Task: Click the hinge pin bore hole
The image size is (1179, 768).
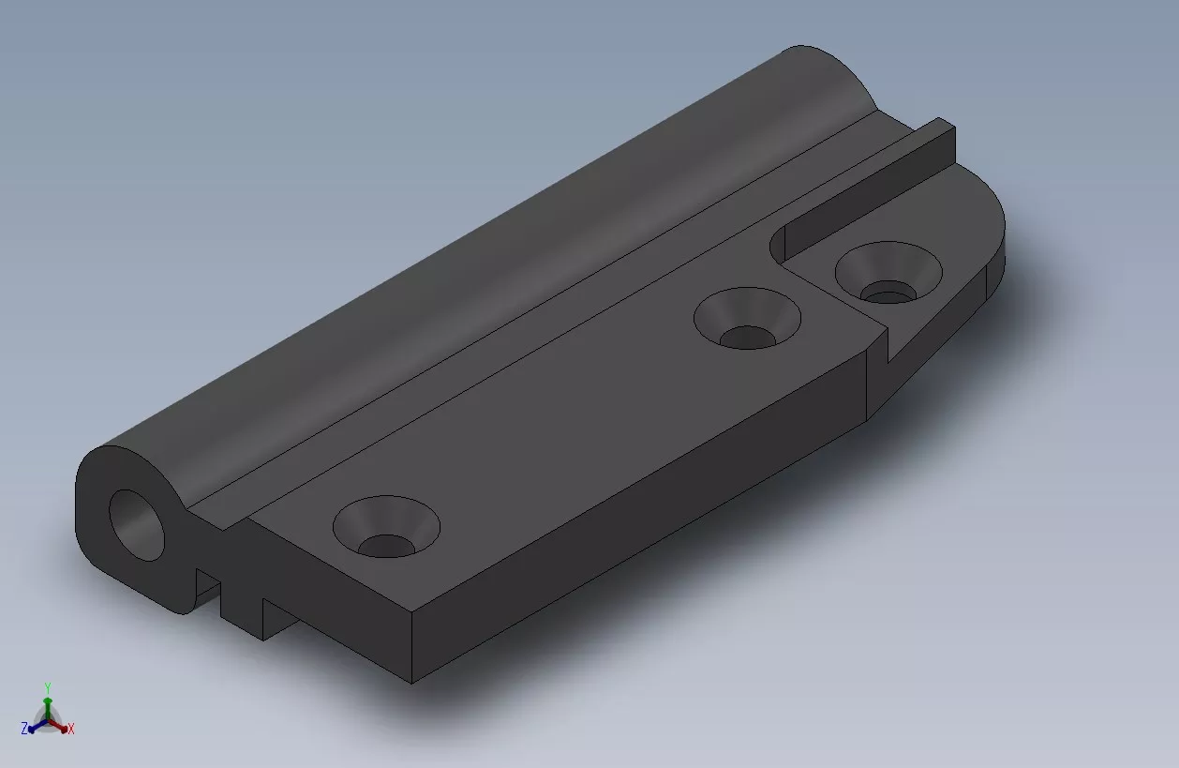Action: [136, 525]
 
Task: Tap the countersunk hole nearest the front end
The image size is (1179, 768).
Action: [386, 527]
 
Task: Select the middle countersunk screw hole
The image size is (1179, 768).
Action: [747, 318]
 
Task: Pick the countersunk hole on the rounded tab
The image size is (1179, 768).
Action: [888, 272]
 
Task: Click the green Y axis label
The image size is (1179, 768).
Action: [48, 688]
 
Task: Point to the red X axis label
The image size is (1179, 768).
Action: [71, 729]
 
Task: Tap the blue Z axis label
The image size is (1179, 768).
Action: [24, 729]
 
